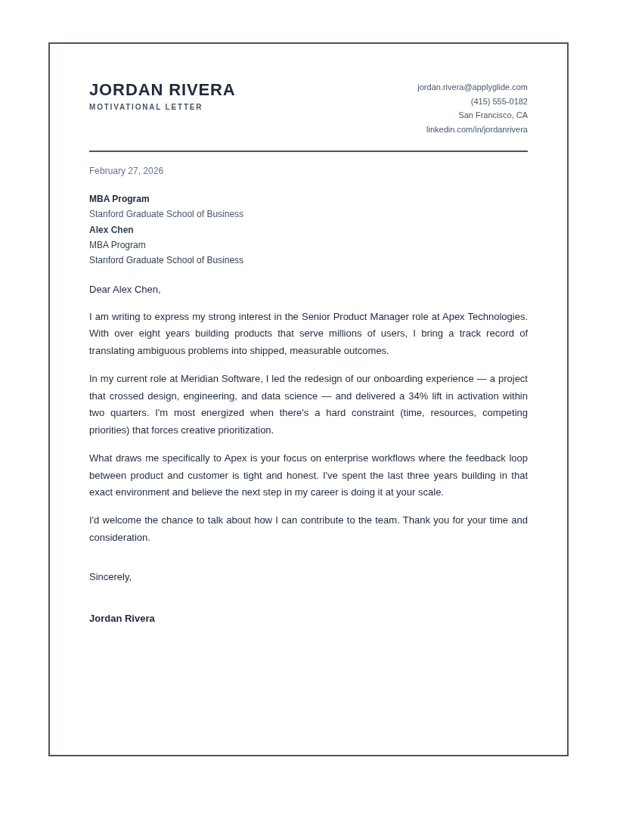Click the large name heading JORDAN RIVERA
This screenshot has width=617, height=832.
[162, 90]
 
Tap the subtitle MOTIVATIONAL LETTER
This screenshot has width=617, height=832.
[146, 107]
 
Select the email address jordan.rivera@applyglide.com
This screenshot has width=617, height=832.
[472, 87]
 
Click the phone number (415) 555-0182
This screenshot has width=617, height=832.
[499, 101]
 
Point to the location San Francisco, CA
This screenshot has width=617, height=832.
[492, 115]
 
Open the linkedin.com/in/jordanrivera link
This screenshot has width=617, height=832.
[476, 129]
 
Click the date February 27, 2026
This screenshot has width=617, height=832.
[126, 171]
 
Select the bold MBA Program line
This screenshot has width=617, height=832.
[119, 199]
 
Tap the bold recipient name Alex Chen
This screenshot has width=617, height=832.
[111, 230]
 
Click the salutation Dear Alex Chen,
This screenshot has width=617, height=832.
[125, 290]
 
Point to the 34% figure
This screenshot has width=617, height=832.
[418, 396]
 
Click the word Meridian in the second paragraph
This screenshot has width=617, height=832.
[200, 379]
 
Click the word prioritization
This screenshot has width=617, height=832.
[240, 430]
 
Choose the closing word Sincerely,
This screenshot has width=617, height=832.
[110, 577]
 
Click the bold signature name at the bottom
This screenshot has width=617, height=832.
[122, 619]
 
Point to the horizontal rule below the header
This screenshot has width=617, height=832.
[308, 151]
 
